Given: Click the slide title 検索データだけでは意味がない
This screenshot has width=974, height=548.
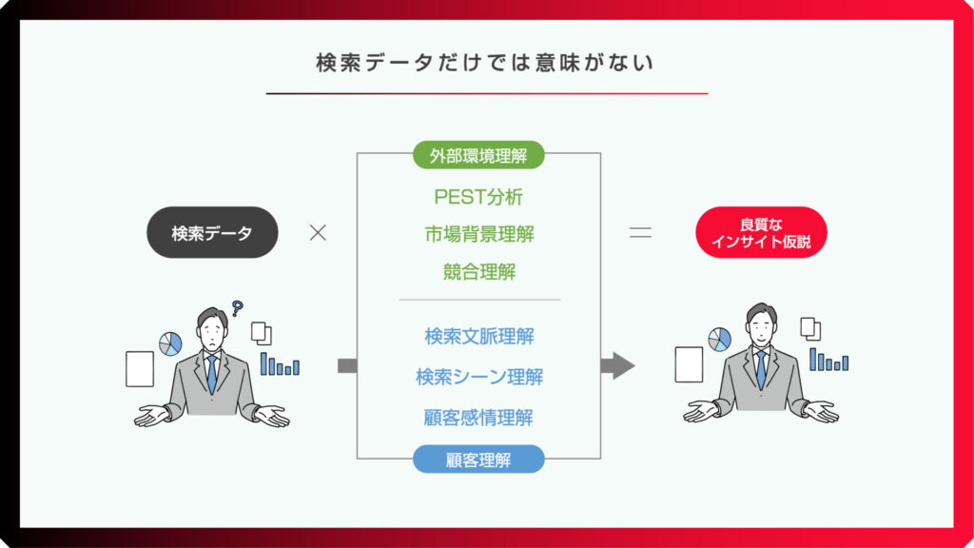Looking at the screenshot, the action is pos(484,63).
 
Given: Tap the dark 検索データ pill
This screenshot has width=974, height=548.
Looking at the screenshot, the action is pos(212,232).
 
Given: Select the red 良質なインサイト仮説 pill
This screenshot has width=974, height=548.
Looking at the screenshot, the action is pos(761,232).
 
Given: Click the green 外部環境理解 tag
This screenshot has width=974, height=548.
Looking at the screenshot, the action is pos(478,155).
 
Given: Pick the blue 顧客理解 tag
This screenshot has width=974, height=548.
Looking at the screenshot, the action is pos(478,460).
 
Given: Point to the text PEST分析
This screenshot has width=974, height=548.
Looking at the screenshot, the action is pos(478,197).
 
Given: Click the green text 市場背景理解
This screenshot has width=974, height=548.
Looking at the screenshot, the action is pos(479,234).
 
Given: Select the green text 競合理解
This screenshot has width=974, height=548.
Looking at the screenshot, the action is pos(479,271).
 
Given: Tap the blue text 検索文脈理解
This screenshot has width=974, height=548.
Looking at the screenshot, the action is pos(479,337).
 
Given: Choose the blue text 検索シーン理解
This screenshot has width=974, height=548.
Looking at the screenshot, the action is pos(479,377).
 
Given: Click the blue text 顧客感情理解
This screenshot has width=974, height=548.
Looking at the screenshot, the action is pos(478,418).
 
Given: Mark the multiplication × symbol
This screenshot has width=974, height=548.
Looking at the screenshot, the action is pos(318,233).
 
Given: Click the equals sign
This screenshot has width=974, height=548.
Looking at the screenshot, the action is pos(640,233).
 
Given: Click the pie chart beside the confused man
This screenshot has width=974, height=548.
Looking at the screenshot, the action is pos(170,343).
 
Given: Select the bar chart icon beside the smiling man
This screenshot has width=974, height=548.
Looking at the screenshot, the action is pos(828,360).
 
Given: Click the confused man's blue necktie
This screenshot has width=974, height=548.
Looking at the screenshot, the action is pos(212,374).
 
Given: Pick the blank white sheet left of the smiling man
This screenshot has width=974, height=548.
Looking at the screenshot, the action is pos(689,364).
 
